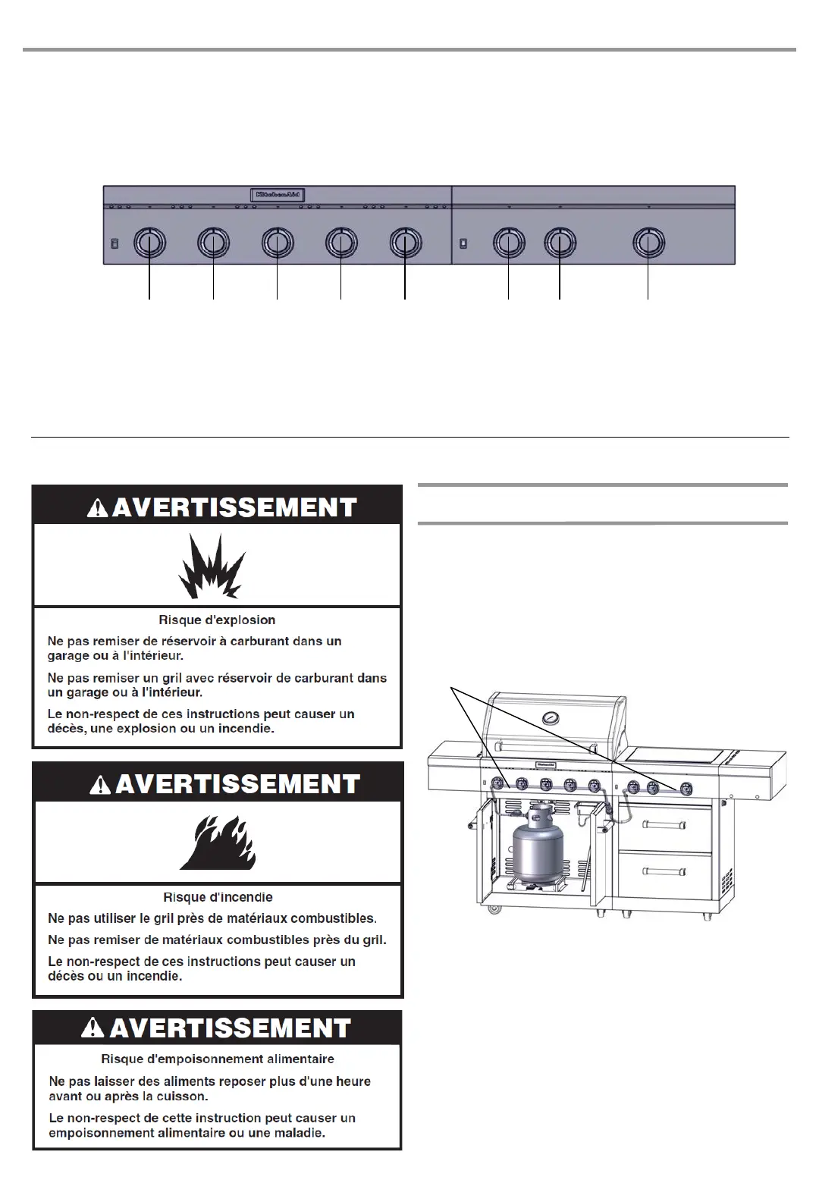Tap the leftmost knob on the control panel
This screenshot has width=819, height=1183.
pos(149,243)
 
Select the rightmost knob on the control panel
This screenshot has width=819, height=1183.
pos(648,243)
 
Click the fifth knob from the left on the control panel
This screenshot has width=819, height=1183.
pos(405,243)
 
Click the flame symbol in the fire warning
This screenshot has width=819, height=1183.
pos(218,842)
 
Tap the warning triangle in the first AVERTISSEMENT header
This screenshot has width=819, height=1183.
pos(98,508)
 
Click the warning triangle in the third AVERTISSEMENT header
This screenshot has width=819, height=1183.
pos(95,1029)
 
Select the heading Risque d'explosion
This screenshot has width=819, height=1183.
pos(217,620)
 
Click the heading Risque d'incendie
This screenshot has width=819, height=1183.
pos(218,897)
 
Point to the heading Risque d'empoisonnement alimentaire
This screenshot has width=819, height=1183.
pos(218,1059)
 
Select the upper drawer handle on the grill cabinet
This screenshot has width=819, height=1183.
pos(664,824)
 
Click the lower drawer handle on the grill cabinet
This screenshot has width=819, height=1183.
pos(664,871)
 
